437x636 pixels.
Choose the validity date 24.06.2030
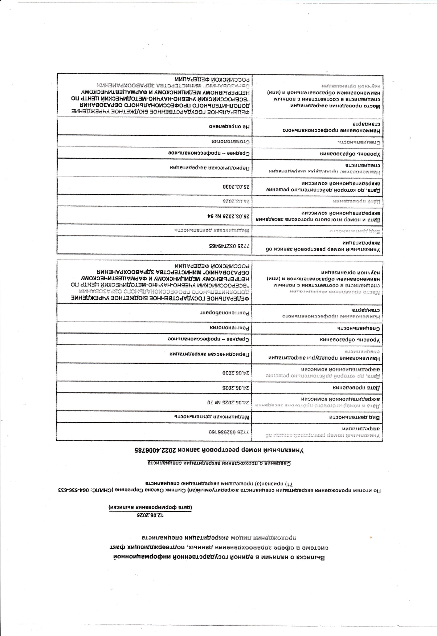tap(236, 372)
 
